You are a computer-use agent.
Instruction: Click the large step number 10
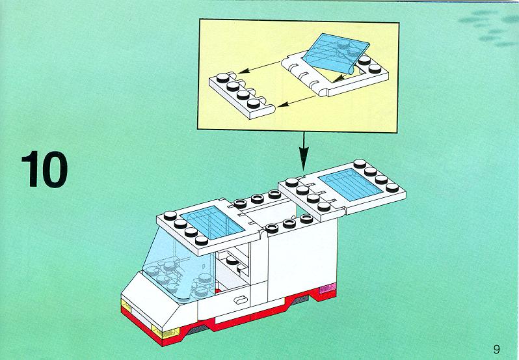pos(45,169)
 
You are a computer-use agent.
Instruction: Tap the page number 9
pos(496,349)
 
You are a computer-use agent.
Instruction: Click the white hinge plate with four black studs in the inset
pos(243,94)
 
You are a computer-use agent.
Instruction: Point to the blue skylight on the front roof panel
pos(212,222)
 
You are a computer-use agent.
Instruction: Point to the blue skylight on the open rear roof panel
pos(351,184)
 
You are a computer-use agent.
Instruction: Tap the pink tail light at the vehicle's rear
pos(327,288)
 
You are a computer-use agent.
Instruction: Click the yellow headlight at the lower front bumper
pos(165,331)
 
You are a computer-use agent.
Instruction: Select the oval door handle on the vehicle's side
pos(241,300)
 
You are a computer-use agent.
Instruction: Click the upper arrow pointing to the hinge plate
pos(259,67)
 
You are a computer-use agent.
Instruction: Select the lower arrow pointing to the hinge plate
pos(296,101)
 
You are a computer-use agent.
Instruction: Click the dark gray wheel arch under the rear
pos(300,299)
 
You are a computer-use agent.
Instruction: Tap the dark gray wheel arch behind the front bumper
pos(198,330)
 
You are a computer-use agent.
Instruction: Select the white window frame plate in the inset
pos(335,74)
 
